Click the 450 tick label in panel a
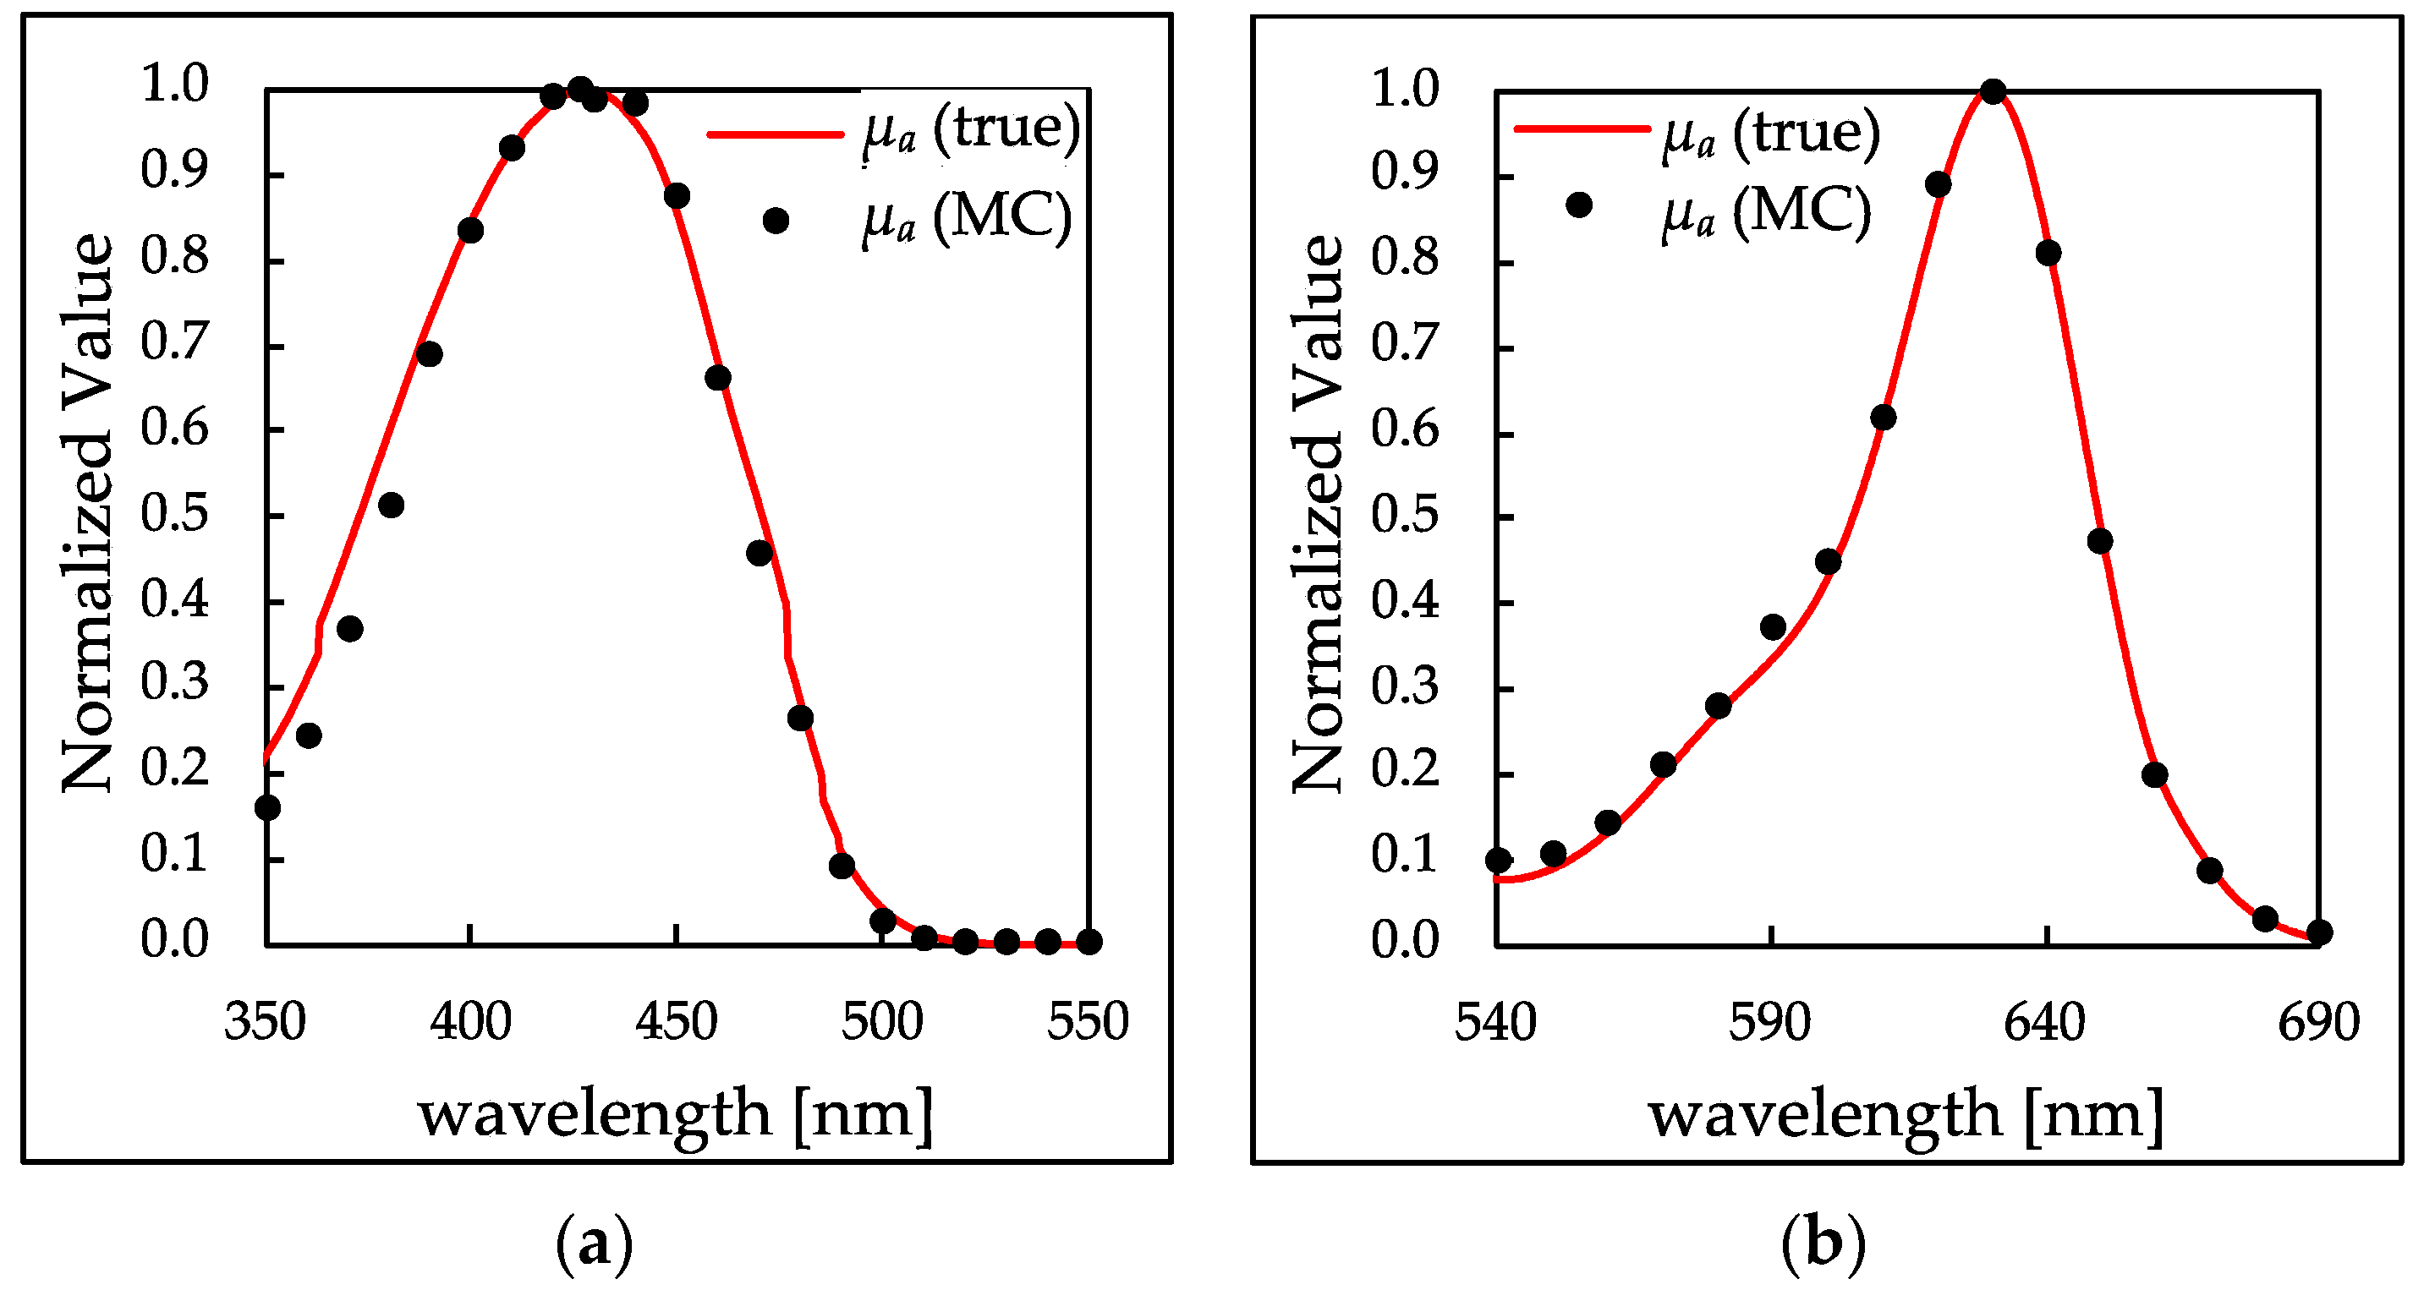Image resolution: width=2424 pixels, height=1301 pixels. pos(676,1023)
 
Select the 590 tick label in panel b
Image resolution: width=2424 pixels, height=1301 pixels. pos(1770,1023)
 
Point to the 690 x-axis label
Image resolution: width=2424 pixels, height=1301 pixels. pos(2318,1023)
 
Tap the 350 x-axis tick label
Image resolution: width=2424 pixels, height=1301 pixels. pos(266,1023)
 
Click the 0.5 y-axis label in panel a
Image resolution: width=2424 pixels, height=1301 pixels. pos(174,515)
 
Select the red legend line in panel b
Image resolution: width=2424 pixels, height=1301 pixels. pos(1582,128)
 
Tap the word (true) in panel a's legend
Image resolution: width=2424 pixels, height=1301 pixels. pos(1006,128)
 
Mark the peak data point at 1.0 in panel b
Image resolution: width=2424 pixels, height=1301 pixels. pos(1992,91)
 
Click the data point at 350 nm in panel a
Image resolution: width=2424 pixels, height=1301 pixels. pos(267,807)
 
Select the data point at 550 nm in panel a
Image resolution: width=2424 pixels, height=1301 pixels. pos(1089,942)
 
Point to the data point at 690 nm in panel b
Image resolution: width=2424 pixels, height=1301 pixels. pos(2320,932)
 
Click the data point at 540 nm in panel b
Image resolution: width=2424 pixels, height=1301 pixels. pos(1498,860)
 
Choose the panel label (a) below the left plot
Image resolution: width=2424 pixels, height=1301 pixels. pos(595,1244)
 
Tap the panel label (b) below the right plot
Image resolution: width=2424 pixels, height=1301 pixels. pos(1823,1244)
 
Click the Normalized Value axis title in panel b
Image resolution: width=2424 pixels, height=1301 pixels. pos(1318,515)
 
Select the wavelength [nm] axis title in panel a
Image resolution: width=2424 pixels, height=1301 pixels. pos(676,1116)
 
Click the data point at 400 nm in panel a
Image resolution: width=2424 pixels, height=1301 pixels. pos(470,231)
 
